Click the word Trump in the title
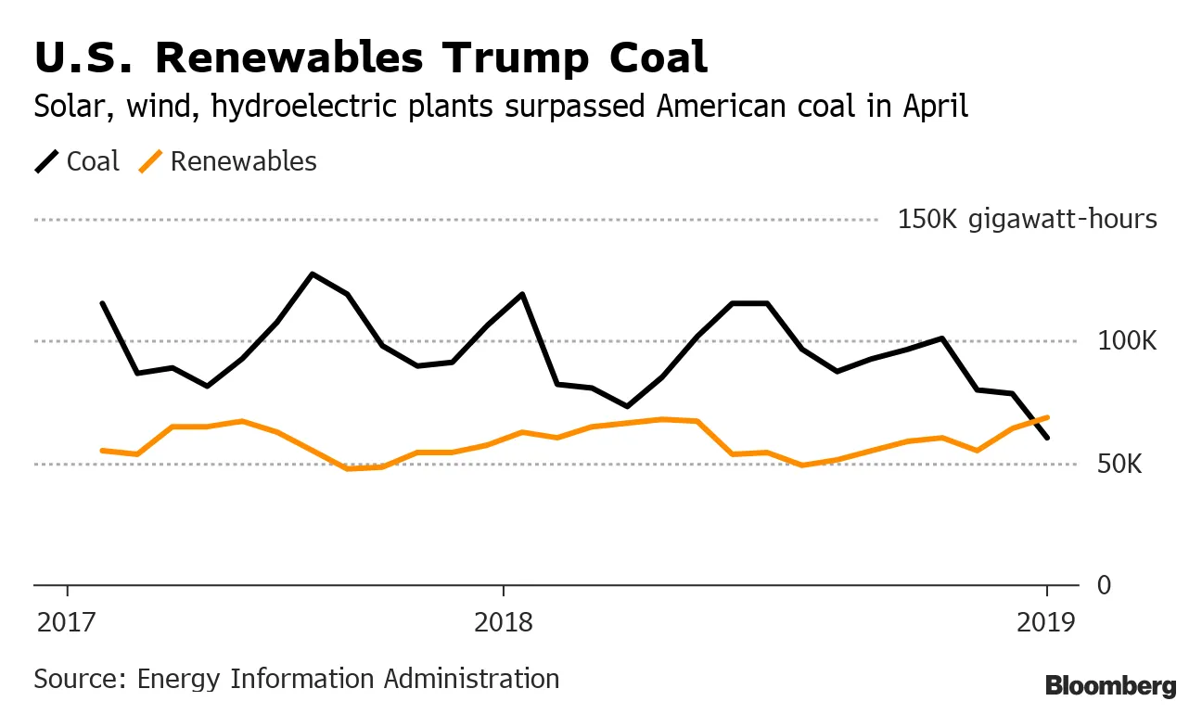pyautogui.click(x=515, y=57)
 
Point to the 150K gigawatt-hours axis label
pyautogui.click(x=1027, y=220)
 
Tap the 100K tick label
pyautogui.click(x=1126, y=342)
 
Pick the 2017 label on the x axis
pyautogui.click(x=67, y=621)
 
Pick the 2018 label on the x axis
pyautogui.click(x=503, y=621)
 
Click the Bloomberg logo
pyautogui.click(x=1110, y=687)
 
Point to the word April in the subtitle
pyautogui.click(x=936, y=107)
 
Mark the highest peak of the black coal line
pyautogui.click(x=313, y=274)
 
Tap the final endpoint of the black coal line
pyautogui.click(x=1048, y=438)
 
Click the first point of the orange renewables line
pyautogui.click(x=102, y=451)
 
